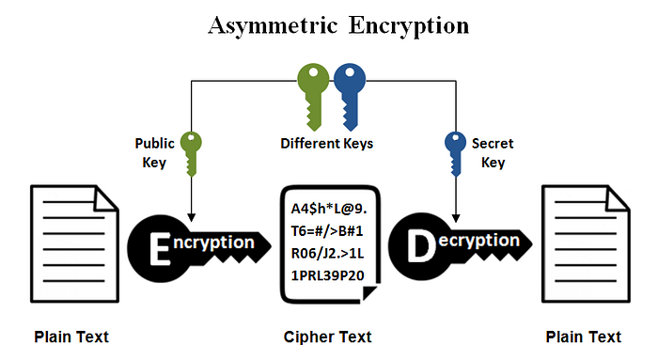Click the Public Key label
point(154,153)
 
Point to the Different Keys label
point(326,144)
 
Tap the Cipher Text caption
point(327,337)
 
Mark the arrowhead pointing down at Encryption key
point(192,211)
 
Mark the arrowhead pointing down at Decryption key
point(455,211)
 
